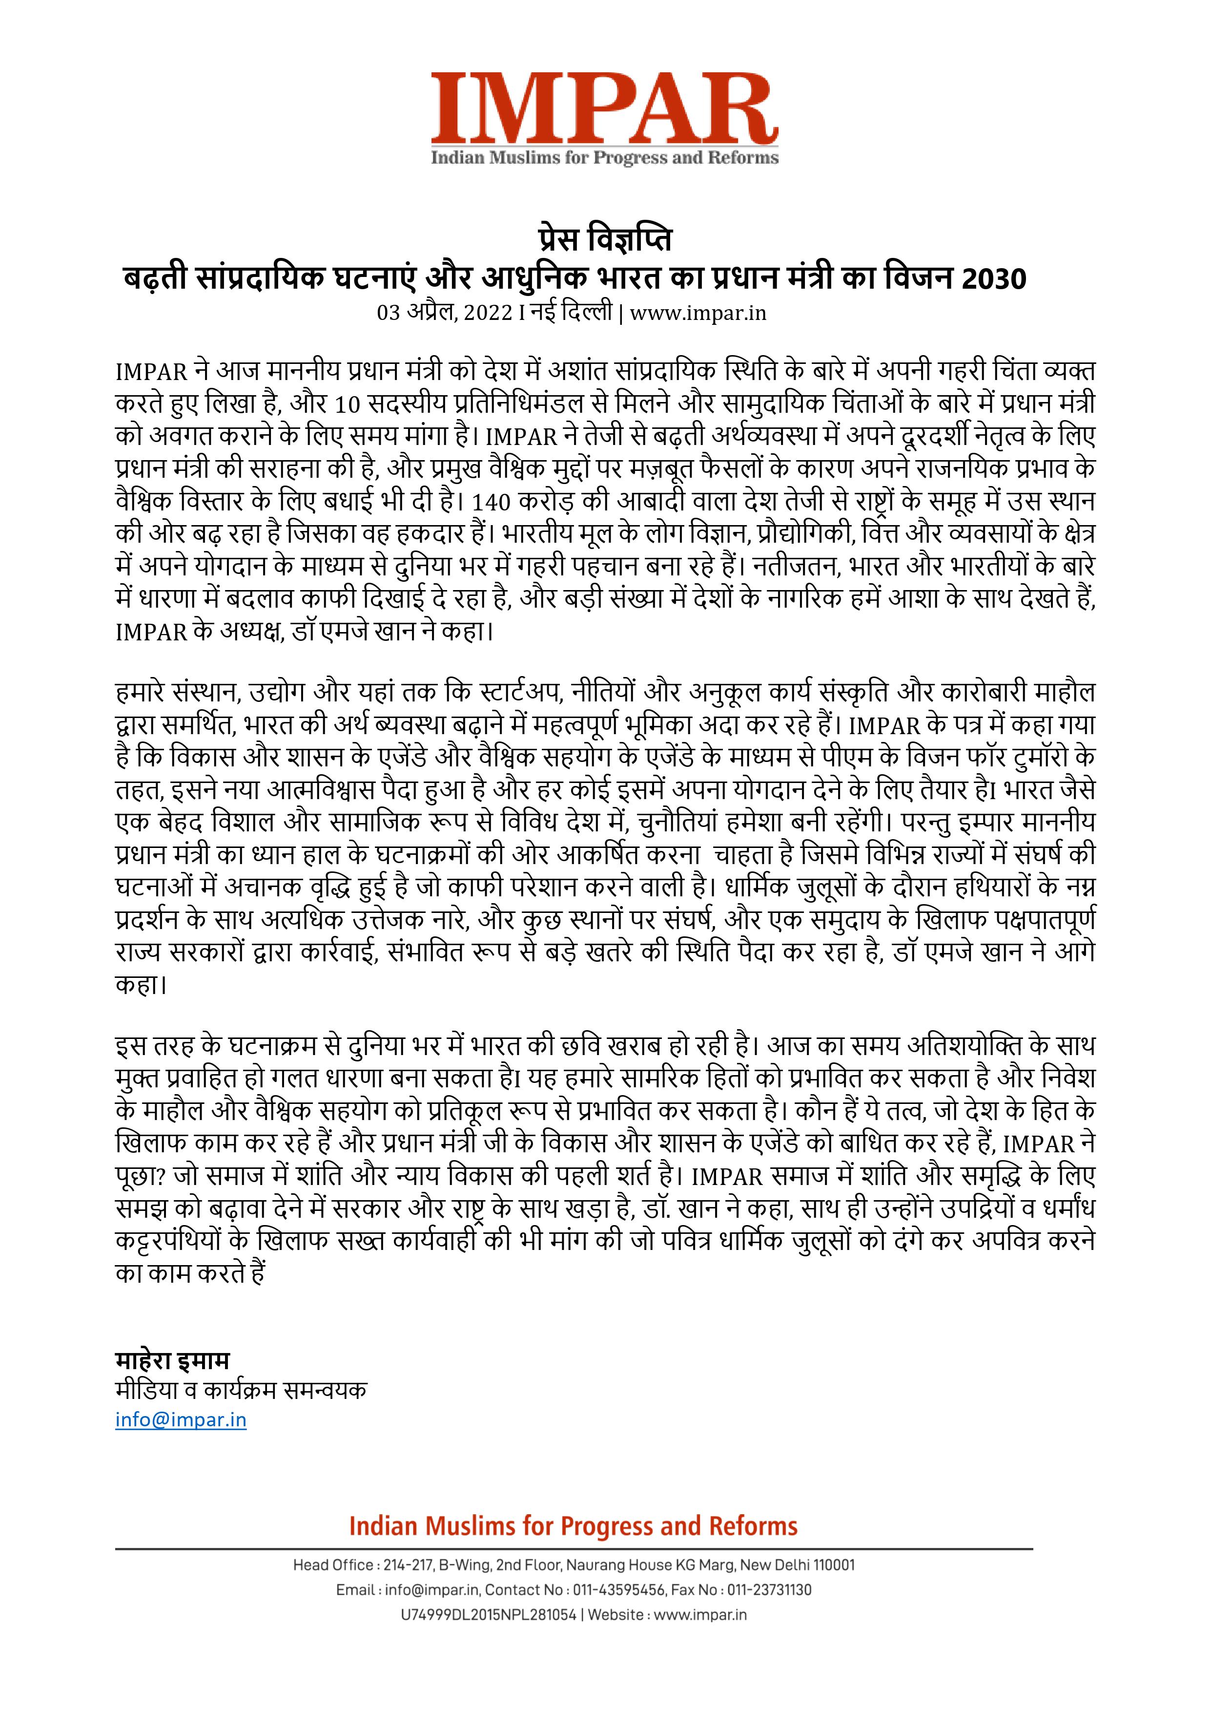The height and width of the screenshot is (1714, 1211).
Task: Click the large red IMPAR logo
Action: [604, 108]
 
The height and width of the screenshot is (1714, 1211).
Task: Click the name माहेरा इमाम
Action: [172, 1359]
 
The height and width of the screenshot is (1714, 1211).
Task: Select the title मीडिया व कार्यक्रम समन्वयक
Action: [240, 1390]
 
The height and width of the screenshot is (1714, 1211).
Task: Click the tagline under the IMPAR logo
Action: [604, 157]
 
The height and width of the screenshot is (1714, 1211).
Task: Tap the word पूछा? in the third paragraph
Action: [141, 1177]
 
